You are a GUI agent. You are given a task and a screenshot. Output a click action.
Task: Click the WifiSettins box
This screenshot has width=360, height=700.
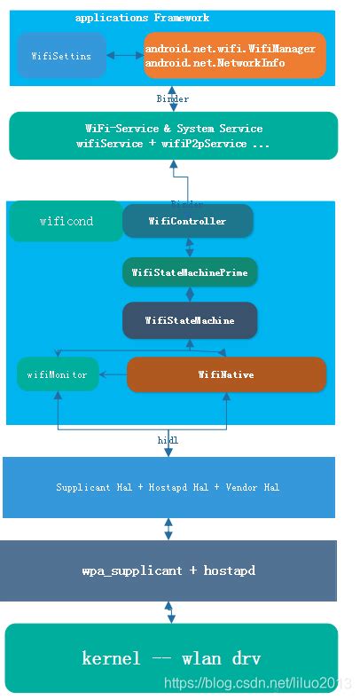click(x=61, y=55)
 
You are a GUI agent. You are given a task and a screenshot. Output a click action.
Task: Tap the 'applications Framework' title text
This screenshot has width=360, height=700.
click(x=142, y=18)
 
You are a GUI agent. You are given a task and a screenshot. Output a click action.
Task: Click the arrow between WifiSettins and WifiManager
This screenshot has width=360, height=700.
click(x=124, y=55)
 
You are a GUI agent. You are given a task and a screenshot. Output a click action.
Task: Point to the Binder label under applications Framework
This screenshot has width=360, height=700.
click(x=172, y=98)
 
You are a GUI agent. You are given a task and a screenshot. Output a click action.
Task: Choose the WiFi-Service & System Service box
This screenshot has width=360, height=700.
click(x=173, y=136)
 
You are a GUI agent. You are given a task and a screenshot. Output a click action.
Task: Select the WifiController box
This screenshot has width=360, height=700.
click(x=187, y=221)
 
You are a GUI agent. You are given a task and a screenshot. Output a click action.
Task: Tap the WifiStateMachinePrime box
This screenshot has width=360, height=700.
click(x=190, y=271)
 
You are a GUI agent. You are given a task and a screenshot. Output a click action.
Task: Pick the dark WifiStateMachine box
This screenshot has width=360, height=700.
click(x=190, y=320)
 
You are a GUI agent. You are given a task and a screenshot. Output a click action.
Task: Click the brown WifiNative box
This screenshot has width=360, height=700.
click(x=226, y=374)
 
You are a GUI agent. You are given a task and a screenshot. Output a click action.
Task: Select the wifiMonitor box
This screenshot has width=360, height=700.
click(x=57, y=374)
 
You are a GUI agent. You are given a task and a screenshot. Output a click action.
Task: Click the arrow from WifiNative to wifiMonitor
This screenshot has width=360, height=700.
click(x=113, y=374)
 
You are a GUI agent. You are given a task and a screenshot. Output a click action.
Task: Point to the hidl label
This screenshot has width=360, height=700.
click(x=168, y=439)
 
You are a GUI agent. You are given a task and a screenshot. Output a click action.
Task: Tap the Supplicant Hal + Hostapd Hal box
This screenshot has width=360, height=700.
click(x=168, y=487)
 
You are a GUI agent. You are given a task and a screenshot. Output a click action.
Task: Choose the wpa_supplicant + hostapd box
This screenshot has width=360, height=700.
click(x=168, y=570)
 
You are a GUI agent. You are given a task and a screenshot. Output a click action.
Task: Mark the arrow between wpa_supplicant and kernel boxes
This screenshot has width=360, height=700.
click(x=168, y=612)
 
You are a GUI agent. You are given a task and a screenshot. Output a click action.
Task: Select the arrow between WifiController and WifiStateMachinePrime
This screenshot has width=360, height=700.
click(x=188, y=247)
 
